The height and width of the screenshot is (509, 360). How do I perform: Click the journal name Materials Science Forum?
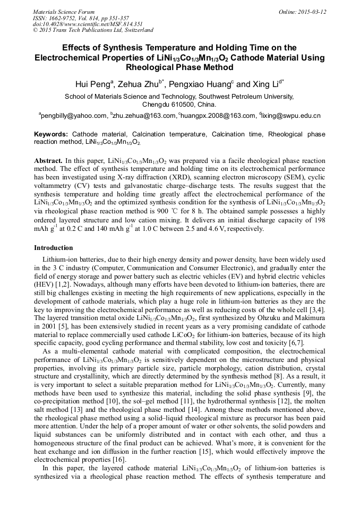64,12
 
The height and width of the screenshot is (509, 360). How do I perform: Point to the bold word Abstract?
49,160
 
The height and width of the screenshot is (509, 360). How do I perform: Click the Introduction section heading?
54,248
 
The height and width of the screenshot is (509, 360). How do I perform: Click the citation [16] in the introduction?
119,460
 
